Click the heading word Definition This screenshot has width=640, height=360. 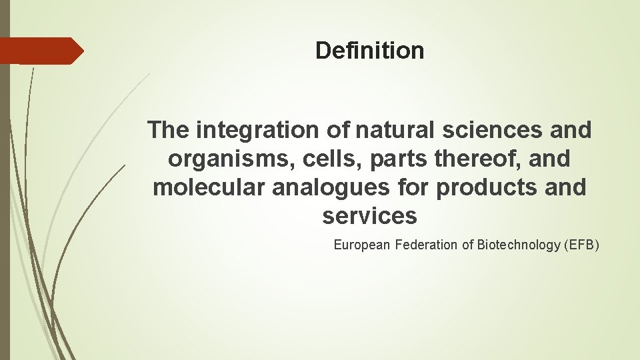coord(369,51)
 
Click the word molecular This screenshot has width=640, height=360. coord(208,188)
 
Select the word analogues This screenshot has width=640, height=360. coord(329,188)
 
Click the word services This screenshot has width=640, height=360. coord(369,217)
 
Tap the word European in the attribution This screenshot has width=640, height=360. coord(362,245)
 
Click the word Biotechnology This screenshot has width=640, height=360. coord(519,245)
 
